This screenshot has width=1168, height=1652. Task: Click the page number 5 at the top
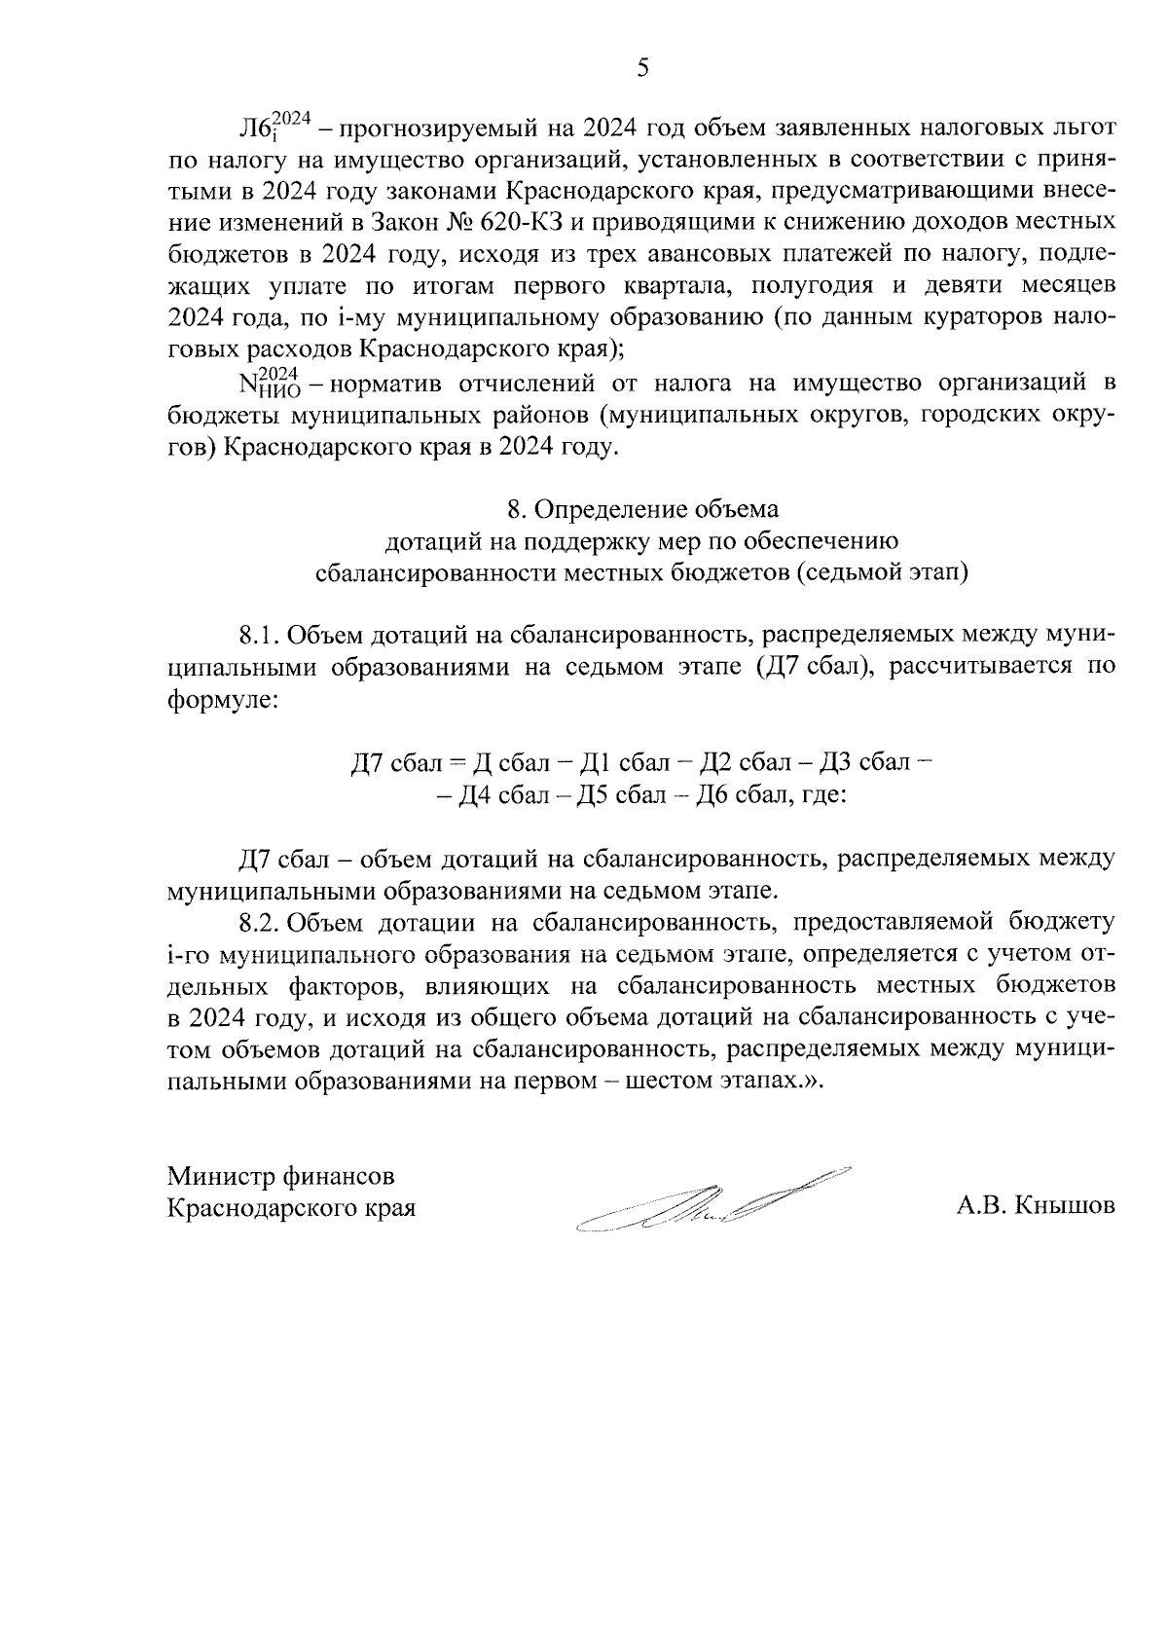click(x=641, y=67)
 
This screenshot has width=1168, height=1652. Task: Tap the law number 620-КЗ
click(x=519, y=223)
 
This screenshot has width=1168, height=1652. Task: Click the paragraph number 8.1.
click(x=259, y=637)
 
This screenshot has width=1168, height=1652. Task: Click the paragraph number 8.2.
click(x=259, y=920)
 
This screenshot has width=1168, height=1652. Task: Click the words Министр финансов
click(x=281, y=1176)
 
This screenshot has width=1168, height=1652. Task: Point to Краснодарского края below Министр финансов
click(x=291, y=1208)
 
